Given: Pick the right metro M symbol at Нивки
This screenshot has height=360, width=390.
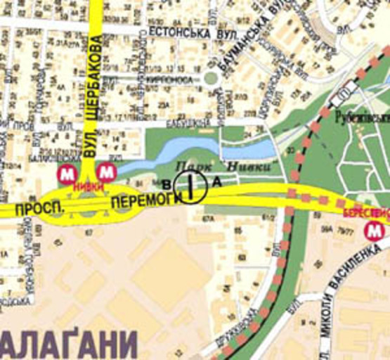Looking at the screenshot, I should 106,171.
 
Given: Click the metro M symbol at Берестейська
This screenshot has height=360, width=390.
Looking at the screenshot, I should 375,230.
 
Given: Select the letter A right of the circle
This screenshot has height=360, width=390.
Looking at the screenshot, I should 217,182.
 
